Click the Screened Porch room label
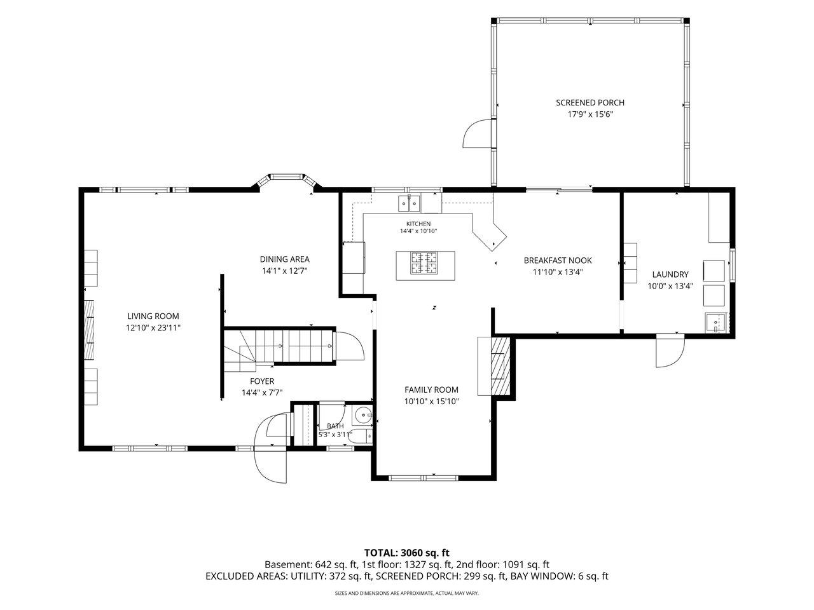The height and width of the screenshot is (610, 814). (590, 102)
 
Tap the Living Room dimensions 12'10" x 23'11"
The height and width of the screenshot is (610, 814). (153, 327)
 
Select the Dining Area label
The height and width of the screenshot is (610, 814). (284, 259)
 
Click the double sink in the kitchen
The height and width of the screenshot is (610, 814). (409, 203)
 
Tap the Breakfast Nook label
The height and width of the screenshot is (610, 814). (558, 261)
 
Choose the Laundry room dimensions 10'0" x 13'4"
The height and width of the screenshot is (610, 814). (670, 286)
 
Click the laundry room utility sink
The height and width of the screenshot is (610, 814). (715, 323)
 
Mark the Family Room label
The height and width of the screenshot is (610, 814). (431, 390)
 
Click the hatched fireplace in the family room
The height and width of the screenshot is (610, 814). (500, 366)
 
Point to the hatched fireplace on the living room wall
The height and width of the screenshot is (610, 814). (89, 330)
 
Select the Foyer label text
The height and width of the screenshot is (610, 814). (262, 381)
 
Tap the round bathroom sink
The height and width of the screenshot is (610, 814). (363, 415)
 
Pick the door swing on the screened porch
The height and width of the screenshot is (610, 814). (476, 134)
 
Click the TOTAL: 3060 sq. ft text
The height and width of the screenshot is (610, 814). (407, 553)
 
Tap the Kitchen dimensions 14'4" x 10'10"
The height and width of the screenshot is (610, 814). (418, 231)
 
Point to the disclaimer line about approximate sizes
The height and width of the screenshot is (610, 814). (407, 593)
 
